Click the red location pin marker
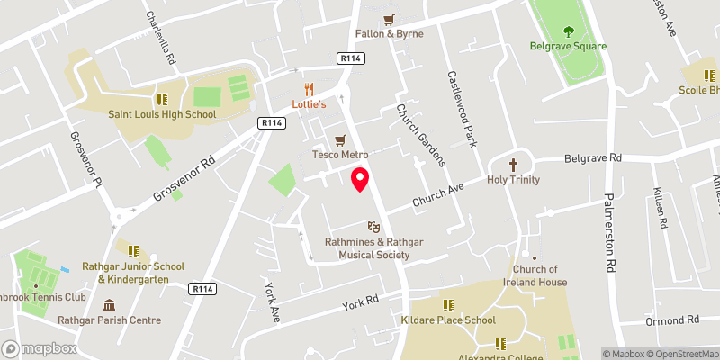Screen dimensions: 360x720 pyautogui.click(x=360, y=179)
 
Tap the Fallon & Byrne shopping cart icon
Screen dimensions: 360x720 pyautogui.click(x=390, y=19)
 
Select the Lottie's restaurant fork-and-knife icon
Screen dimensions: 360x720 pyautogui.click(x=309, y=89)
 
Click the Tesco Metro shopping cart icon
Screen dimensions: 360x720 pyautogui.click(x=340, y=140)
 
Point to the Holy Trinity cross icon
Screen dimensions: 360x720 pyautogui.click(x=514, y=165)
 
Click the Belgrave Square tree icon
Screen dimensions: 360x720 pyautogui.click(x=568, y=31)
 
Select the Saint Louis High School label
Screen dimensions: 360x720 pyautogui.click(x=162, y=114)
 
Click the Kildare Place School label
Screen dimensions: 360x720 pyautogui.click(x=447, y=320)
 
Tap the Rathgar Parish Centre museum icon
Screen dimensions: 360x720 pyautogui.click(x=110, y=305)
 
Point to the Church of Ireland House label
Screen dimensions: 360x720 pyautogui.click(x=541, y=275)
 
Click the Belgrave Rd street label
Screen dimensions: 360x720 pyautogui.click(x=593, y=158)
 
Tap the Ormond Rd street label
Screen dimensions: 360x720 pyautogui.click(x=672, y=319)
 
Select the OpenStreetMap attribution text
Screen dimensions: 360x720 pyautogui.click(x=684, y=354)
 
